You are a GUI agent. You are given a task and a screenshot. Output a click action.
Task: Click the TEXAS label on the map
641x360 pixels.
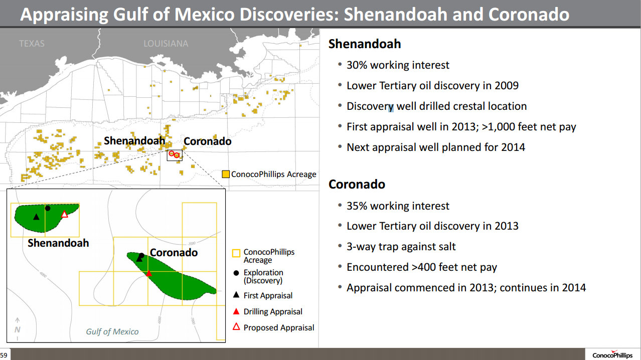coord(32,44)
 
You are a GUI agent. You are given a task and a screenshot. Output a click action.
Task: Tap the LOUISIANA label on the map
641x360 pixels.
coord(166,44)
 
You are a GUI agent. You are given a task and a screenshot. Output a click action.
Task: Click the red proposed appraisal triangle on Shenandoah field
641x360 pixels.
coord(65,214)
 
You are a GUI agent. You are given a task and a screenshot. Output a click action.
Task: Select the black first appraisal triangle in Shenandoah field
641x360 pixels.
coord(36,217)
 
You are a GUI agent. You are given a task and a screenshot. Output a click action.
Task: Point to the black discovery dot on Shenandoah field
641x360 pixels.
coord(48,209)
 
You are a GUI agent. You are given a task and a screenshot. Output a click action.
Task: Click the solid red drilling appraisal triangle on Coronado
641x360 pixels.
coord(148,273)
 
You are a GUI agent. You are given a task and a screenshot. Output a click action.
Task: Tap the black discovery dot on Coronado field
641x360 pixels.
coord(141,255)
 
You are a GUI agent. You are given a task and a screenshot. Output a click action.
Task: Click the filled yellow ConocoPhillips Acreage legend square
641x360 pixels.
coord(226,174)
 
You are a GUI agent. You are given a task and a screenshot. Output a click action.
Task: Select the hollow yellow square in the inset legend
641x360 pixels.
coord(236,253)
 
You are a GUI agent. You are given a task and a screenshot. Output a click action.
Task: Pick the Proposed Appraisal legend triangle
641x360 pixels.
coord(236,326)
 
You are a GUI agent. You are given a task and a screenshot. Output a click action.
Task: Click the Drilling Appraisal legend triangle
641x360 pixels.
coord(236,311)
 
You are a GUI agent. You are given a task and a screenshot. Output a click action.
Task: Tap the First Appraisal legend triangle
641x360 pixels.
coord(236,295)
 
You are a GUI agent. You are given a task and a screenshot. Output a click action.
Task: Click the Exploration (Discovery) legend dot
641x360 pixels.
coord(236,273)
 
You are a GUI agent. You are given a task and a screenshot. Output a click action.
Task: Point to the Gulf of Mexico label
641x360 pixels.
coord(112,331)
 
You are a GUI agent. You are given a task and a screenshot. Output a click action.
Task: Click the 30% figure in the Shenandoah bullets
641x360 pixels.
coord(357,65)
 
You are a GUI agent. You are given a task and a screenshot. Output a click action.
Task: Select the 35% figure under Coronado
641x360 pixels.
coord(357,206)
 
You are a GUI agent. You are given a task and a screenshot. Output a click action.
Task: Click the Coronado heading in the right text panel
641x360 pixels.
coord(357,184)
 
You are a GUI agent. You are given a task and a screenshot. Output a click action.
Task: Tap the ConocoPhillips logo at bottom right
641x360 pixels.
coord(612,355)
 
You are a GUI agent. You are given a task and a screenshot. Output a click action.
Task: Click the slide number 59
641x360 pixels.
coord(4,355)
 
